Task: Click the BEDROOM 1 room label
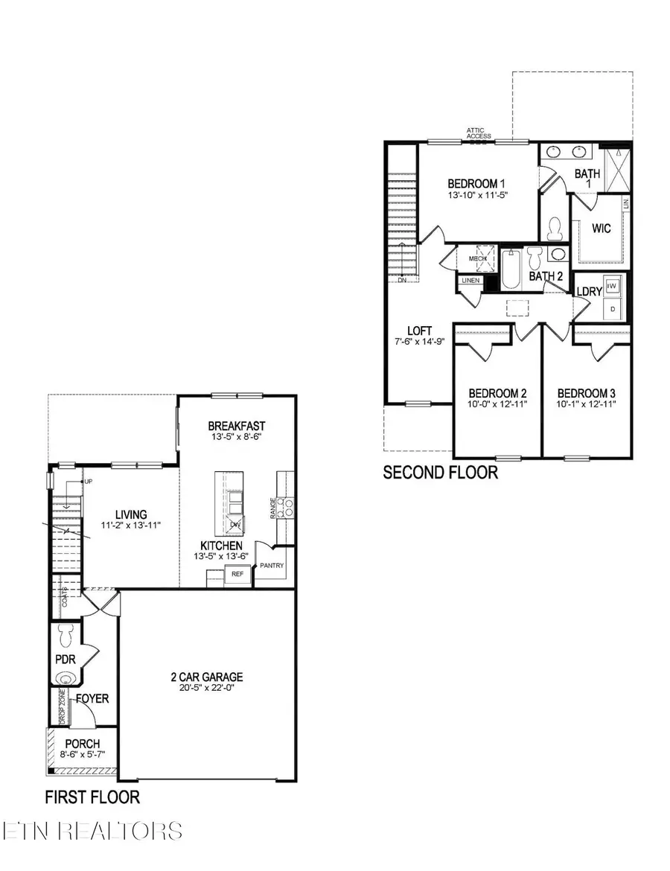(x=476, y=183)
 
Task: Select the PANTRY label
(x=272, y=566)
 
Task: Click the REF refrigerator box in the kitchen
(x=237, y=574)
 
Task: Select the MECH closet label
(x=476, y=258)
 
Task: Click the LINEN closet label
(x=470, y=281)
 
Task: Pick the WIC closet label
(x=602, y=228)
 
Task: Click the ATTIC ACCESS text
(x=479, y=133)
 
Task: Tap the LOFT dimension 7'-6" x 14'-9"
(x=419, y=343)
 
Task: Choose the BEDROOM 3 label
(x=587, y=393)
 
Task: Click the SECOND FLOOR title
(x=440, y=472)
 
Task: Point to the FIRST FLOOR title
(x=92, y=797)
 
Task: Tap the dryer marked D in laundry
(x=613, y=307)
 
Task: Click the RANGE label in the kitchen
(x=274, y=508)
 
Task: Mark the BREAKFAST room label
(x=237, y=426)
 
